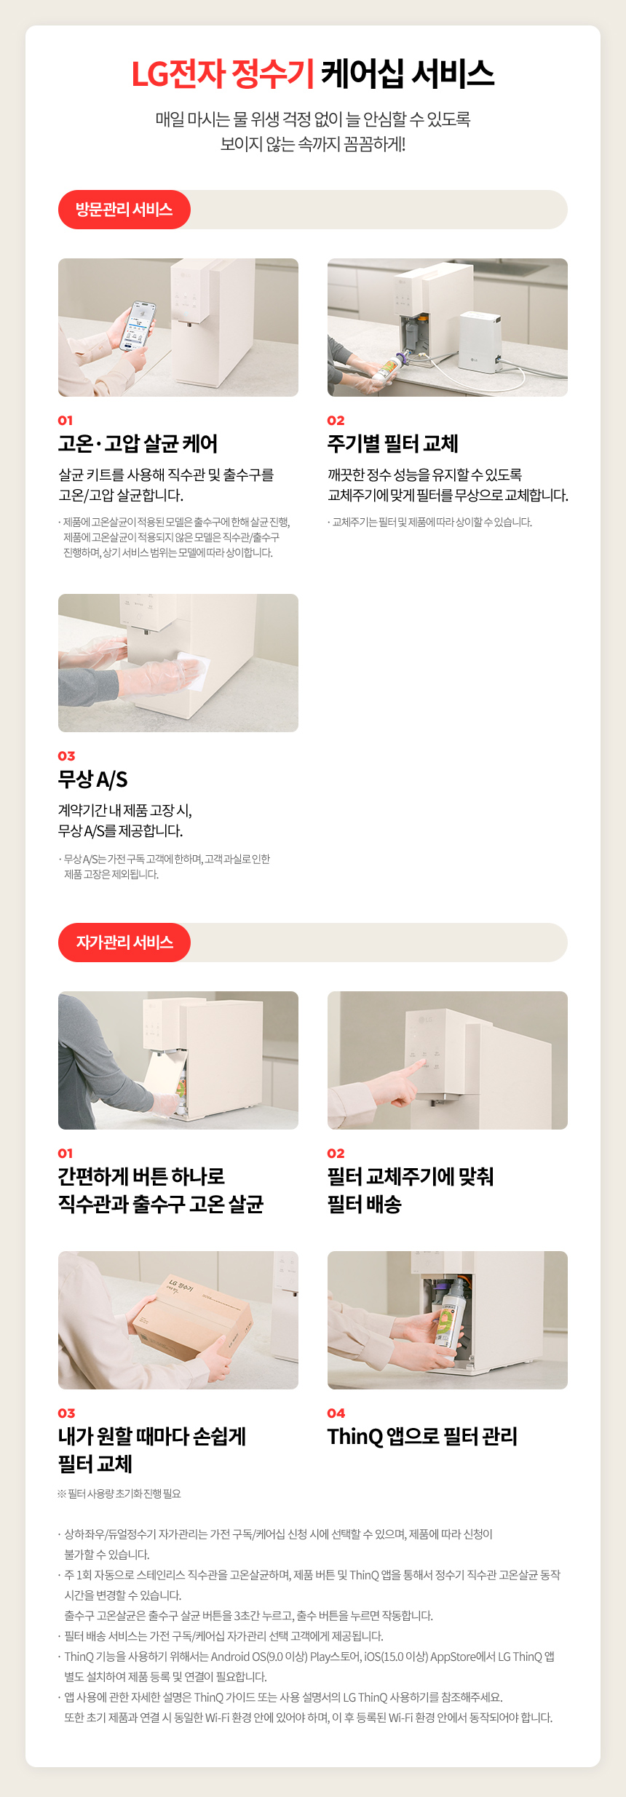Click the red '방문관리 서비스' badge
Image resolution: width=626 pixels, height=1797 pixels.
(x=124, y=210)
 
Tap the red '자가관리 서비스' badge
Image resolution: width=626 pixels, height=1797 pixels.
(x=124, y=943)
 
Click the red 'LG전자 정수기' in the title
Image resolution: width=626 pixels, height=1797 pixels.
(x=223, y=74)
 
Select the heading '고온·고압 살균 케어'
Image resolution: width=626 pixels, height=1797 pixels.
(x=138, y=443)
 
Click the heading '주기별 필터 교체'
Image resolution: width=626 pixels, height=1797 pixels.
(x=393, y=443)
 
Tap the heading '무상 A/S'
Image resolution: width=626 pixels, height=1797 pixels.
(x=92, y=779)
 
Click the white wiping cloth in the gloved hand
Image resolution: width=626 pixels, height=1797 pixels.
(x=194, y=670)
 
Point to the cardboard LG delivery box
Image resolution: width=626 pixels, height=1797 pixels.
(x=192, y=1320)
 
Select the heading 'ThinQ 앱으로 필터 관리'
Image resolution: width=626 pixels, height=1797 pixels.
(x=422, y=1436)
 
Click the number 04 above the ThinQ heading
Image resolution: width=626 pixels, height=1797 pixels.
(x=336, y=1413)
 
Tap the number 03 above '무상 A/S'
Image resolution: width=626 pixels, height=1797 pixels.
(x=66, y=755)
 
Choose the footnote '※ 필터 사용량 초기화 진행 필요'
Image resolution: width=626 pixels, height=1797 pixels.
(x=119, y=1493)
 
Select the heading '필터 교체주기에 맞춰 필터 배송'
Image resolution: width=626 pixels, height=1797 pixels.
(x=411, y=1190)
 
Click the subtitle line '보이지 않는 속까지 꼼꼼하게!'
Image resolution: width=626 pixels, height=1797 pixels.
(x=313, y=144)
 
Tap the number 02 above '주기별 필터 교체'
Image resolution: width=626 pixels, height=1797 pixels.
(x=336, y=420)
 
